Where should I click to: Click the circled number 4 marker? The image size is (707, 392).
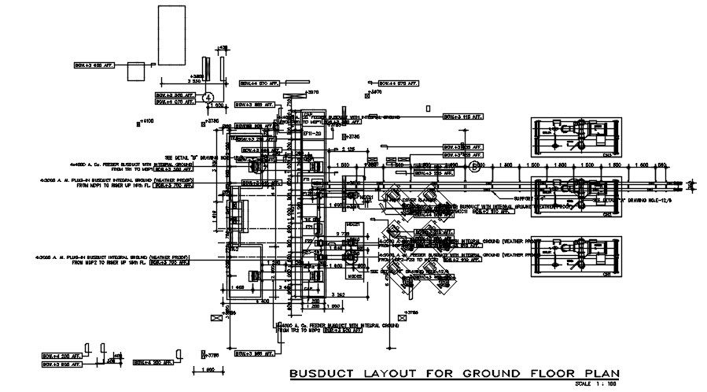[208, 96]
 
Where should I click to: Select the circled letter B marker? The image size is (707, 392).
[474, 167]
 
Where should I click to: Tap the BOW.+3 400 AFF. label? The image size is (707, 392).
[94, 65]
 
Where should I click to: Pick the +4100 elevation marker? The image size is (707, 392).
[147, 121]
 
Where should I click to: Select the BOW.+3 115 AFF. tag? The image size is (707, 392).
[462, 116]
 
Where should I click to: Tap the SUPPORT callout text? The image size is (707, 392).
[523, 198]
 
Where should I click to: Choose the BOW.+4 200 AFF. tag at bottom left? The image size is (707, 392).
[61, 356]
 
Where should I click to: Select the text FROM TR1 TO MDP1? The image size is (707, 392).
[131, 168]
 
